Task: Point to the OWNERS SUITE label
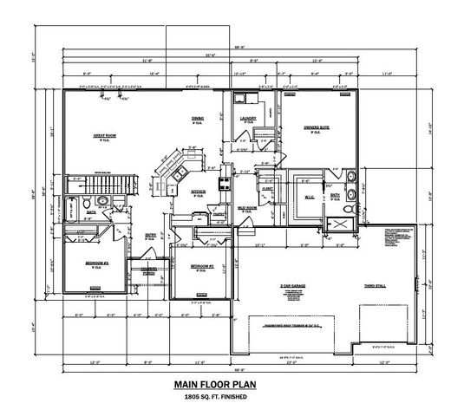(x=316, y=127)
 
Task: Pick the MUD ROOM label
(x=246, y=208)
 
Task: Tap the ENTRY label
(x=150, y=233)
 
